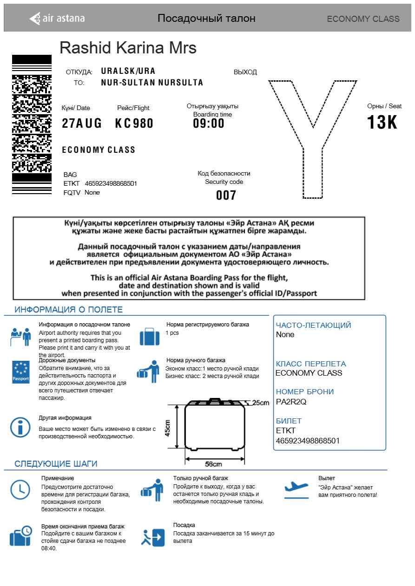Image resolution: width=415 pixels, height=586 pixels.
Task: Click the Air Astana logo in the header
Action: coord(57,19)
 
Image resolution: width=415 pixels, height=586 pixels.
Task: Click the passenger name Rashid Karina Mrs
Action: coord(128,47)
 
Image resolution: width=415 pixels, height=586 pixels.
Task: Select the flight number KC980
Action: coord(134,124)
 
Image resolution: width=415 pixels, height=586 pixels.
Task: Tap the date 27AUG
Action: coord(82,124)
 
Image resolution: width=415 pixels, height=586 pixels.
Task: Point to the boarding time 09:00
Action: coord(209,124)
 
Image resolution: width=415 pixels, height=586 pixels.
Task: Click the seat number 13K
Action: coord(382,123)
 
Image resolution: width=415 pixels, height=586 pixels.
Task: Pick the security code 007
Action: coord(226,195)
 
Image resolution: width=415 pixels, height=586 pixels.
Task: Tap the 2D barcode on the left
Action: coord(32,124)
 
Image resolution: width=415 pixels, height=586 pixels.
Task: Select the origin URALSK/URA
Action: coord(128,71)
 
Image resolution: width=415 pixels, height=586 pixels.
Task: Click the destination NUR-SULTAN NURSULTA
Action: coord(152,83)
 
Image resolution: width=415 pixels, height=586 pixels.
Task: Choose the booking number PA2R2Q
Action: coord(291,402)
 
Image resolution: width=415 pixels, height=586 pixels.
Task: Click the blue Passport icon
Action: coord(20,371)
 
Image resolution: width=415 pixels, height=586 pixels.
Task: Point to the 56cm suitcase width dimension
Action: coord(213,464)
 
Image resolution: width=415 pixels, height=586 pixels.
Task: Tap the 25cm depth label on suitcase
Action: coord(261,403)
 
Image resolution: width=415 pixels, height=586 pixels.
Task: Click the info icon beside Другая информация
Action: coord(20,427)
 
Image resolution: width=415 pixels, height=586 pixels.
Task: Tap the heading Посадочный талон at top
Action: coord(206,19)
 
